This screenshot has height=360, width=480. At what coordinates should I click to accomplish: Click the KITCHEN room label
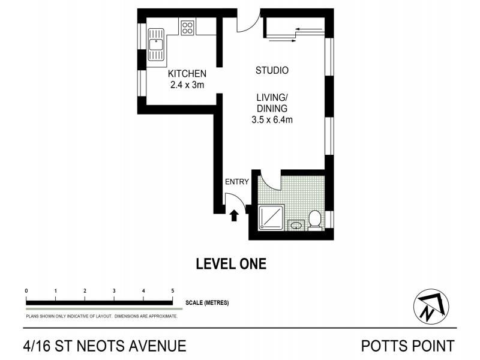[187, 73]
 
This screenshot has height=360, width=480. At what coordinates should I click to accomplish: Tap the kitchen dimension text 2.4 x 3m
[187, 85]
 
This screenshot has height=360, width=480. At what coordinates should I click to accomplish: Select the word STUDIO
[272, 70]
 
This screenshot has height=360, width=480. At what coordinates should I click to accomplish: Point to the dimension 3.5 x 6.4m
[272, 120]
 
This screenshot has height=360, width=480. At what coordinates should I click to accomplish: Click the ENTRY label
[236, 182]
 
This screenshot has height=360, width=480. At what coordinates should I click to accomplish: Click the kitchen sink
[156, 46]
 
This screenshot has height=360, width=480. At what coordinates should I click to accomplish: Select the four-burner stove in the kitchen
[187, 27]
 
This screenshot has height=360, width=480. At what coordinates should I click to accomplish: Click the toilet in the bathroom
[314, 220]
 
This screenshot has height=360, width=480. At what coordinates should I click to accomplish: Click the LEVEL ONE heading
[231, 263]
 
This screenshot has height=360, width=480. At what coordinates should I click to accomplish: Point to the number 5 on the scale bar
[173, 290]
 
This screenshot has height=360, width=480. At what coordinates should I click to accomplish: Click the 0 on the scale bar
[26, 290]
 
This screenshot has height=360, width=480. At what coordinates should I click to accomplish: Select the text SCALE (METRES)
[207, 303]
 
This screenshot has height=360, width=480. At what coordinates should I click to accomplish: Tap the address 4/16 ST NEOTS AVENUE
[104, 346]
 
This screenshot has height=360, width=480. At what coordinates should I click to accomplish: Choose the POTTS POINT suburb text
[407, 346]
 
